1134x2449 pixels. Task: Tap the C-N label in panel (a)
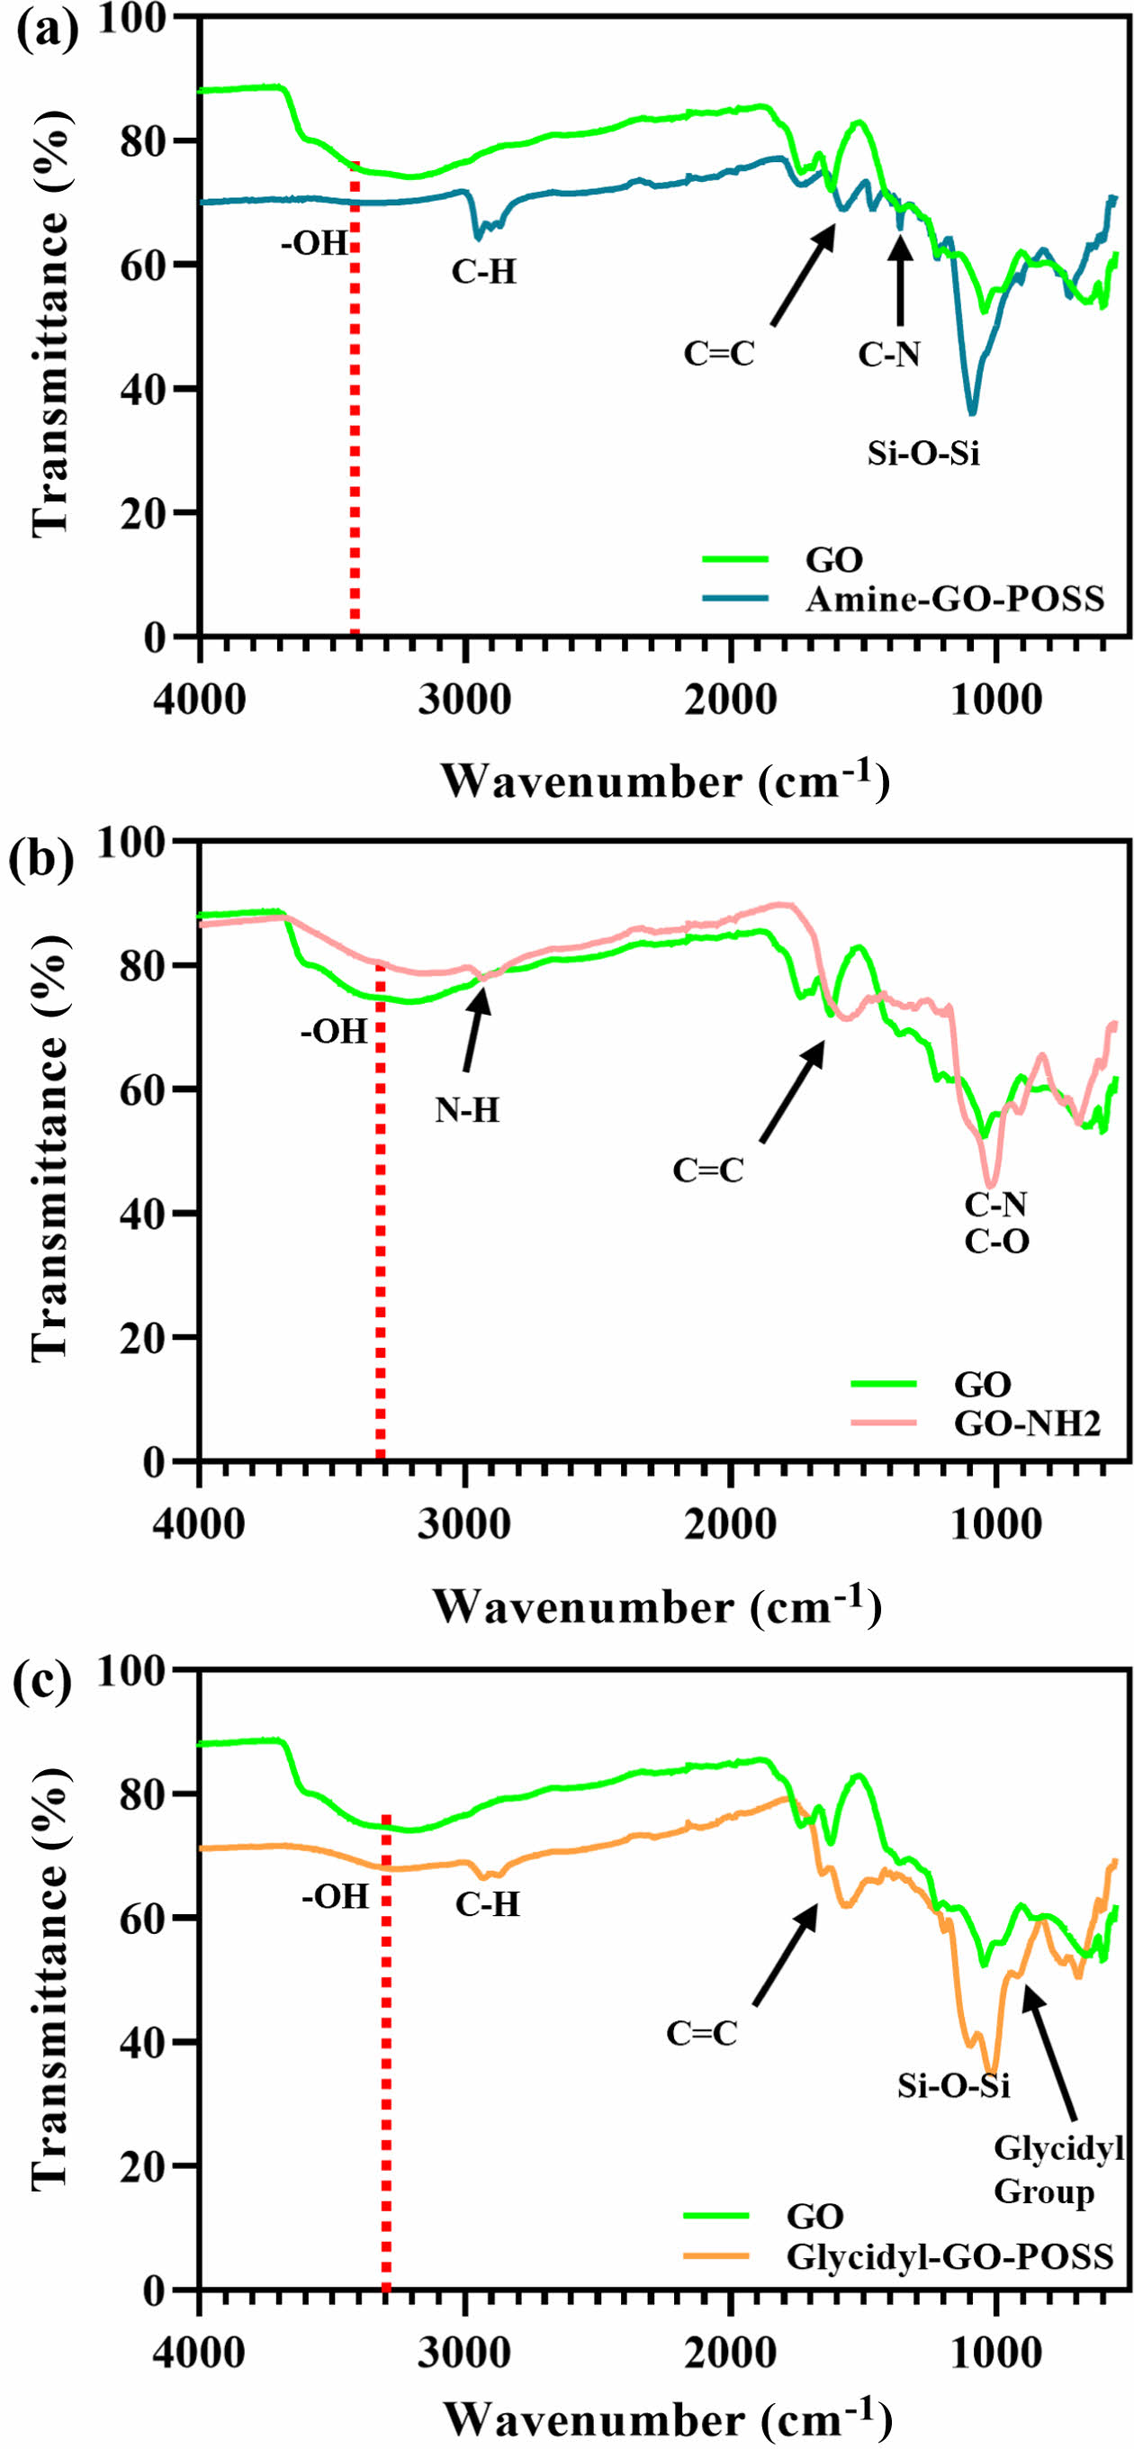click(889, 355)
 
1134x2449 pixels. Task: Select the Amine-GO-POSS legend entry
click(954, 599)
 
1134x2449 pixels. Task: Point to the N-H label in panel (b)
click(467, 1109)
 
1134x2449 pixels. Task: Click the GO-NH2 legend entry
click(1027, 1423)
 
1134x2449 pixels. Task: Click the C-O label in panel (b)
click(996, 1241)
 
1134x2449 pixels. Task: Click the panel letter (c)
click(40, 1681)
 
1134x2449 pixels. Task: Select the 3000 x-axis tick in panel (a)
click(464, 700)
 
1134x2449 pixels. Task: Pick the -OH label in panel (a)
click(315, 243)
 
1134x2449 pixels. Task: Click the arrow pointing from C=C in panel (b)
click(793, 1089)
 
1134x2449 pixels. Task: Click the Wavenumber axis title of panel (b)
click(657, 1605)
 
